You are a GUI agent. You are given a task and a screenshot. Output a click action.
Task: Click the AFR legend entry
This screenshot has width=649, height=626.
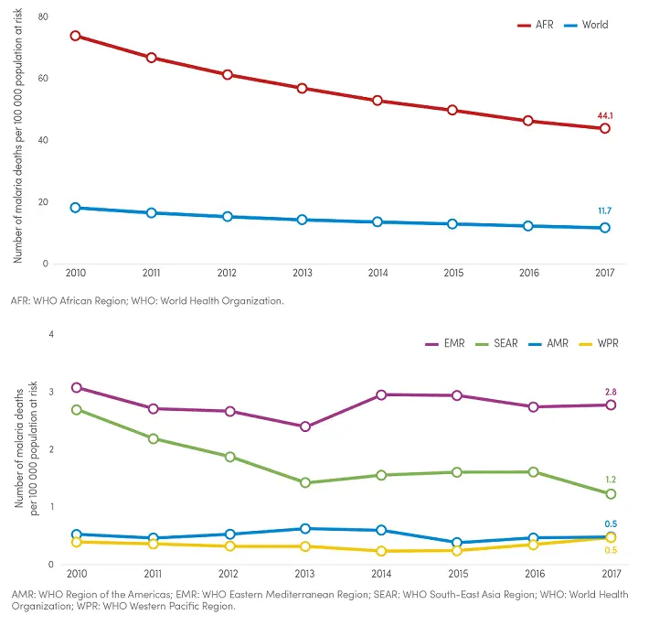tap(537, 25)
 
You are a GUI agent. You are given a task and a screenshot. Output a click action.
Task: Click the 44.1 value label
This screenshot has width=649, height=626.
tap(605, 116)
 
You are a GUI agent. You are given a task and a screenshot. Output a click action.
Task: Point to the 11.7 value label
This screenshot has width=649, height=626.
tap(605, 211)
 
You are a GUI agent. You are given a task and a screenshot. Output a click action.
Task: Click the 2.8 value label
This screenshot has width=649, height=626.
tap(610, 392)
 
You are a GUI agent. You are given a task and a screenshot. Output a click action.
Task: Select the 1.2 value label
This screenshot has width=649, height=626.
tap(610, 480)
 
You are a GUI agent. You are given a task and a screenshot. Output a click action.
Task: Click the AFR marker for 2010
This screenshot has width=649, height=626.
tap(75, 36)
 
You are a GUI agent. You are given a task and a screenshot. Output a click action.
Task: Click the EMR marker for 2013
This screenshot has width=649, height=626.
tap(305, 426)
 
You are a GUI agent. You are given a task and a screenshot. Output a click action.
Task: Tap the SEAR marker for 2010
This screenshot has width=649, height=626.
tap(78, 410)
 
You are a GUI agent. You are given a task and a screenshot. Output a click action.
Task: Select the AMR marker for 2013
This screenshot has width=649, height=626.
tap(305, 528)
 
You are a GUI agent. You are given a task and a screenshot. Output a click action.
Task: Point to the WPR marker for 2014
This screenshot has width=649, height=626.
tap(381, 551)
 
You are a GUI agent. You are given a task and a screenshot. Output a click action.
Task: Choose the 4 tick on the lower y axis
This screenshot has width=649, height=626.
tap(51, 334)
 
